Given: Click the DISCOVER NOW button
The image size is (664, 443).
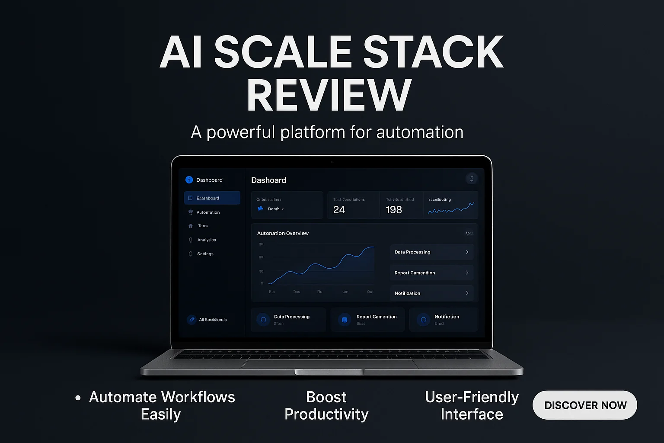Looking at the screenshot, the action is pos(585,405).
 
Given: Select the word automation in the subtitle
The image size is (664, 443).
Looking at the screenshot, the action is pos(419,132).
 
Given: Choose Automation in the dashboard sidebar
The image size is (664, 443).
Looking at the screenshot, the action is pos(208,212).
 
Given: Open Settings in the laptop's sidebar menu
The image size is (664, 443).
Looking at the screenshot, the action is pos(205,254).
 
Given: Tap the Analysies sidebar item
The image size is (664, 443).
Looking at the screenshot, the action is pos(206,240).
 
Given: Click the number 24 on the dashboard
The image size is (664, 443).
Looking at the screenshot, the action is pos(339,210).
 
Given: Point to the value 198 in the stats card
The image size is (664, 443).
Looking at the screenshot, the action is pos(393,210).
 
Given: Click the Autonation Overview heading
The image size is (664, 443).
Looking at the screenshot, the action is pos(283,233).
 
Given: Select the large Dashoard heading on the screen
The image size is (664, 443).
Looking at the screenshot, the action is pos(268,180).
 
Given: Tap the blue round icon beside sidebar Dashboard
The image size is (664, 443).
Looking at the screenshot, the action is pos(189,180).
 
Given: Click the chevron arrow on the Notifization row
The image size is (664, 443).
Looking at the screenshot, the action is pos(467,293).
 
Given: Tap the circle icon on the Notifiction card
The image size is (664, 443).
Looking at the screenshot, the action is pos(424,320).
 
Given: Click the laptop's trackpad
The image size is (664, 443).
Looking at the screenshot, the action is pos(329,364).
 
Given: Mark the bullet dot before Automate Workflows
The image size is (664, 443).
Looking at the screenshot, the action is pos(78,398).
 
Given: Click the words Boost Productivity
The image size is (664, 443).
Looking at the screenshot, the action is pos(326,405).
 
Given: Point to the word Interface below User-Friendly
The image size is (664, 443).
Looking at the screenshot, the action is pos(472,414).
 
